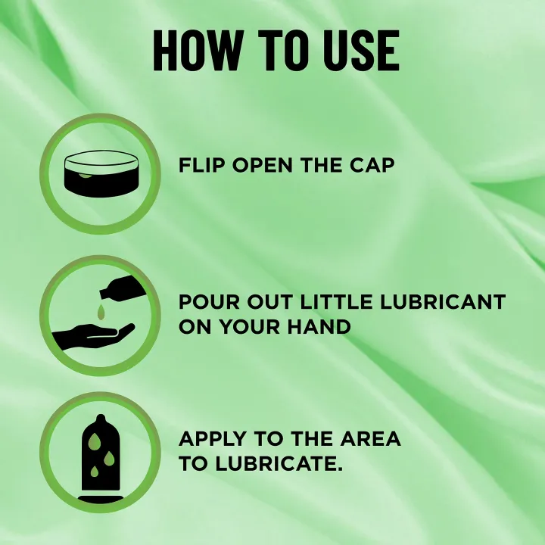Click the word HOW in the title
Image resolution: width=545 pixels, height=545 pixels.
(x=197, y=51)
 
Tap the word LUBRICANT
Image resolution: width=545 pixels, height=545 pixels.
(x=443, y=302)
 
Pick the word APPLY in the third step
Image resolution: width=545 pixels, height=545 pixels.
(x=213, y=438)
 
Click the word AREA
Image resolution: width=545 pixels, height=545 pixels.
(x=370, y=438)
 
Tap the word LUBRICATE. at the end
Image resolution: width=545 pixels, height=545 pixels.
(x=279, y=464)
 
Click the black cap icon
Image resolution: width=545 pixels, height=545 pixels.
(x=101, y=174)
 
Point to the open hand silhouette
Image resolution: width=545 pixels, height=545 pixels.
(x=93, y=335)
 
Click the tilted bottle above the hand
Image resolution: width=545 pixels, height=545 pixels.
(x=123, y=287)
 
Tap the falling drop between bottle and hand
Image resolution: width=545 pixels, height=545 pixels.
(x=101, y=312)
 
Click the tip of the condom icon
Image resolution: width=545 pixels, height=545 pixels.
(x=101, y=415)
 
